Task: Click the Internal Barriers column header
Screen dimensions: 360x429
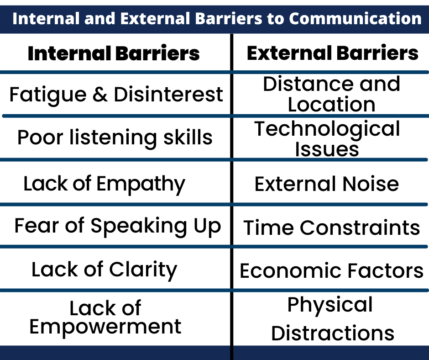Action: coord(114,53)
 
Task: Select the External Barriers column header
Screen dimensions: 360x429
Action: coord(332,53)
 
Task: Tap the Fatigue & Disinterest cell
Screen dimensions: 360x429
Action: coord(116,95)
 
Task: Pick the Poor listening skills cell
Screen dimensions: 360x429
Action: coord(115,137)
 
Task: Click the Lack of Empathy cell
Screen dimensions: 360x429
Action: coord(104,184)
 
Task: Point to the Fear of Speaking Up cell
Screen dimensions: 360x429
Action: coord(117,226)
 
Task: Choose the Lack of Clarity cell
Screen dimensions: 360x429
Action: coord(104,270)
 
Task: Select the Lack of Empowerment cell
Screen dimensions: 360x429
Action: coord(105,318)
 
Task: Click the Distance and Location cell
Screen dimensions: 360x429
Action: coord(331,94)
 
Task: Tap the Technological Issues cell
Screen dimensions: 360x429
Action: coord(327,138)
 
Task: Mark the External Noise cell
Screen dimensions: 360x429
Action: coord(326,184)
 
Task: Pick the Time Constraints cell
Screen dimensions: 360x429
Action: coord(331,228)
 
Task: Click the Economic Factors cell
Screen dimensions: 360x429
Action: coord(331,270)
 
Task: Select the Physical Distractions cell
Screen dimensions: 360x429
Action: coord(332,319)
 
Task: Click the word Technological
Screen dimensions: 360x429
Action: coord(327,129)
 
